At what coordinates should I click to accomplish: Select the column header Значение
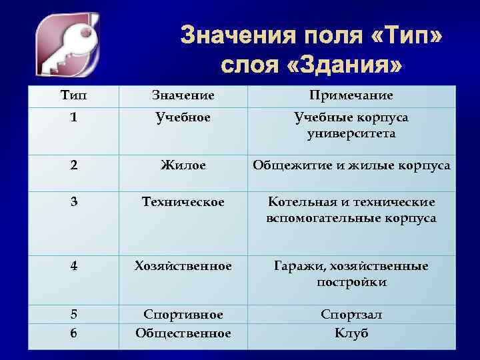point(183,96)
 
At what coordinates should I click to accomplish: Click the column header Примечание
point(351,96)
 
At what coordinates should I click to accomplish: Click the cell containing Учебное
point(183,117)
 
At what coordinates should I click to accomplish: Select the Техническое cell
point(183,201)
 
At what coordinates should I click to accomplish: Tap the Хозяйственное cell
point(183,266)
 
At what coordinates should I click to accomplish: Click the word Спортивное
point(183,314)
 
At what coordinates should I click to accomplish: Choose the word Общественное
point(183,333)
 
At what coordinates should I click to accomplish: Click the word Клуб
point(351,333)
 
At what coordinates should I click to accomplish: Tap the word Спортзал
point(351,314)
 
